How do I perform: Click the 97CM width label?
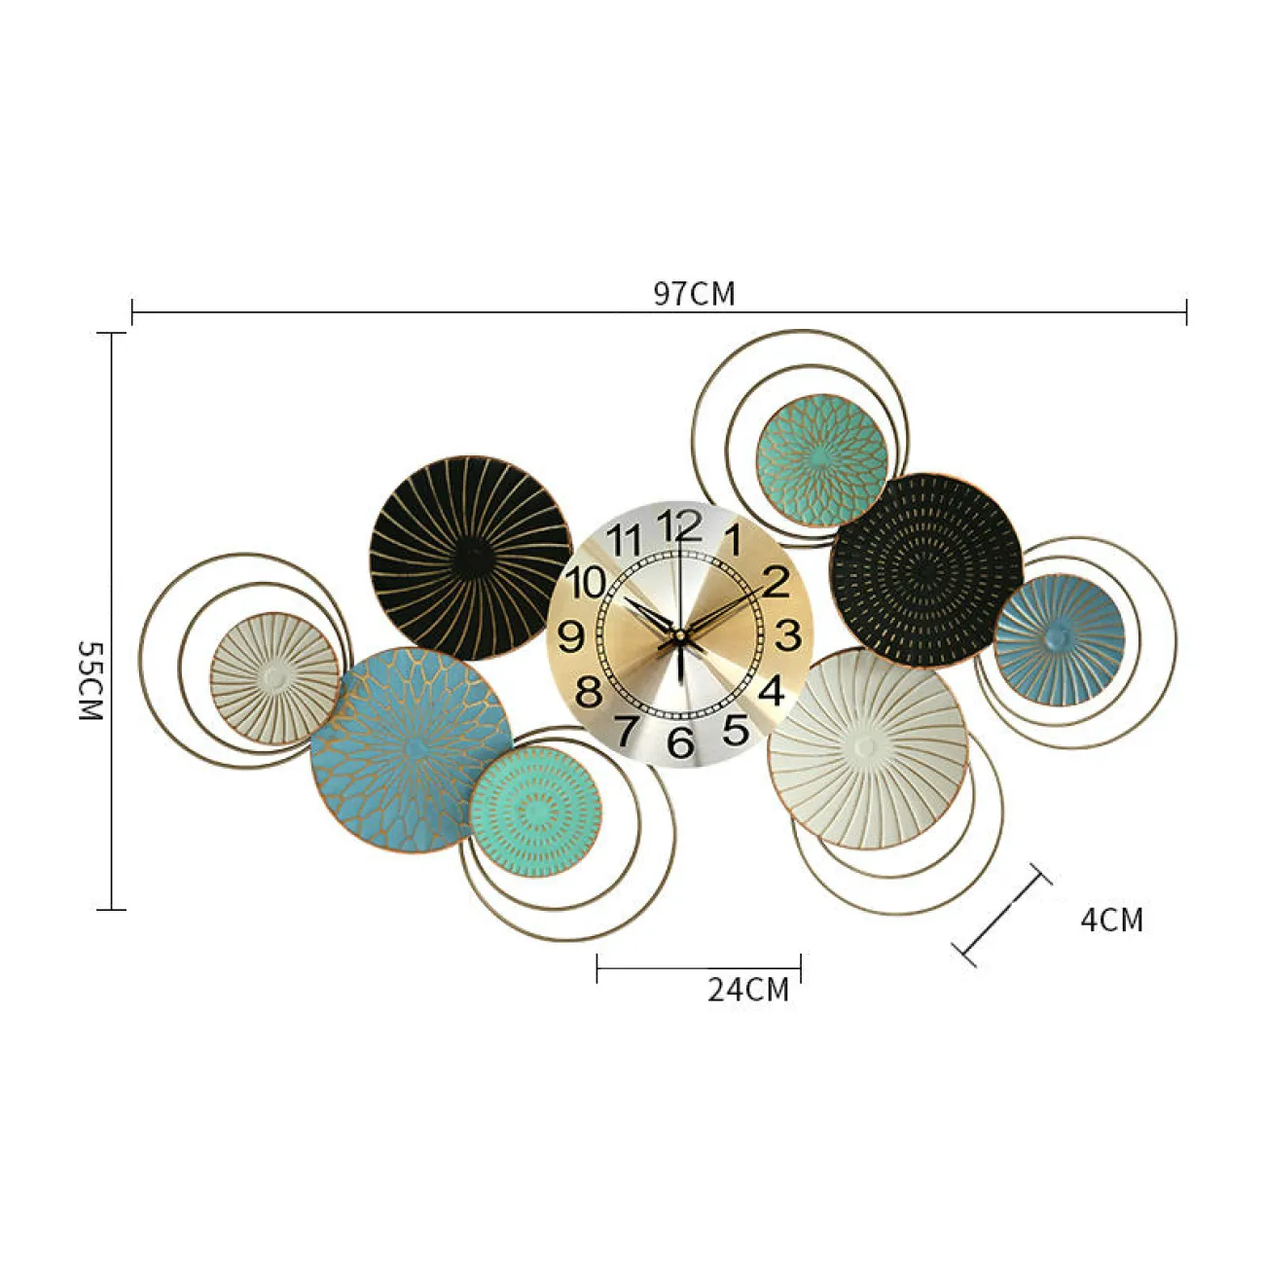point(694,294)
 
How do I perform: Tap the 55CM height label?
point(90,680)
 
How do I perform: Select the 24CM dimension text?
point(748,990)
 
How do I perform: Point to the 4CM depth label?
point(1112,920)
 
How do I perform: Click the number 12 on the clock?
point(680,525)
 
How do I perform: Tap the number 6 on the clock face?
point(681,741)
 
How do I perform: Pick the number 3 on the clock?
point(788,634)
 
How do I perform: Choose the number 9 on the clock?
point(571,635)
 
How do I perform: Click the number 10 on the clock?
point(586,582)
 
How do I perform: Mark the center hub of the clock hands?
point(680,635)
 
